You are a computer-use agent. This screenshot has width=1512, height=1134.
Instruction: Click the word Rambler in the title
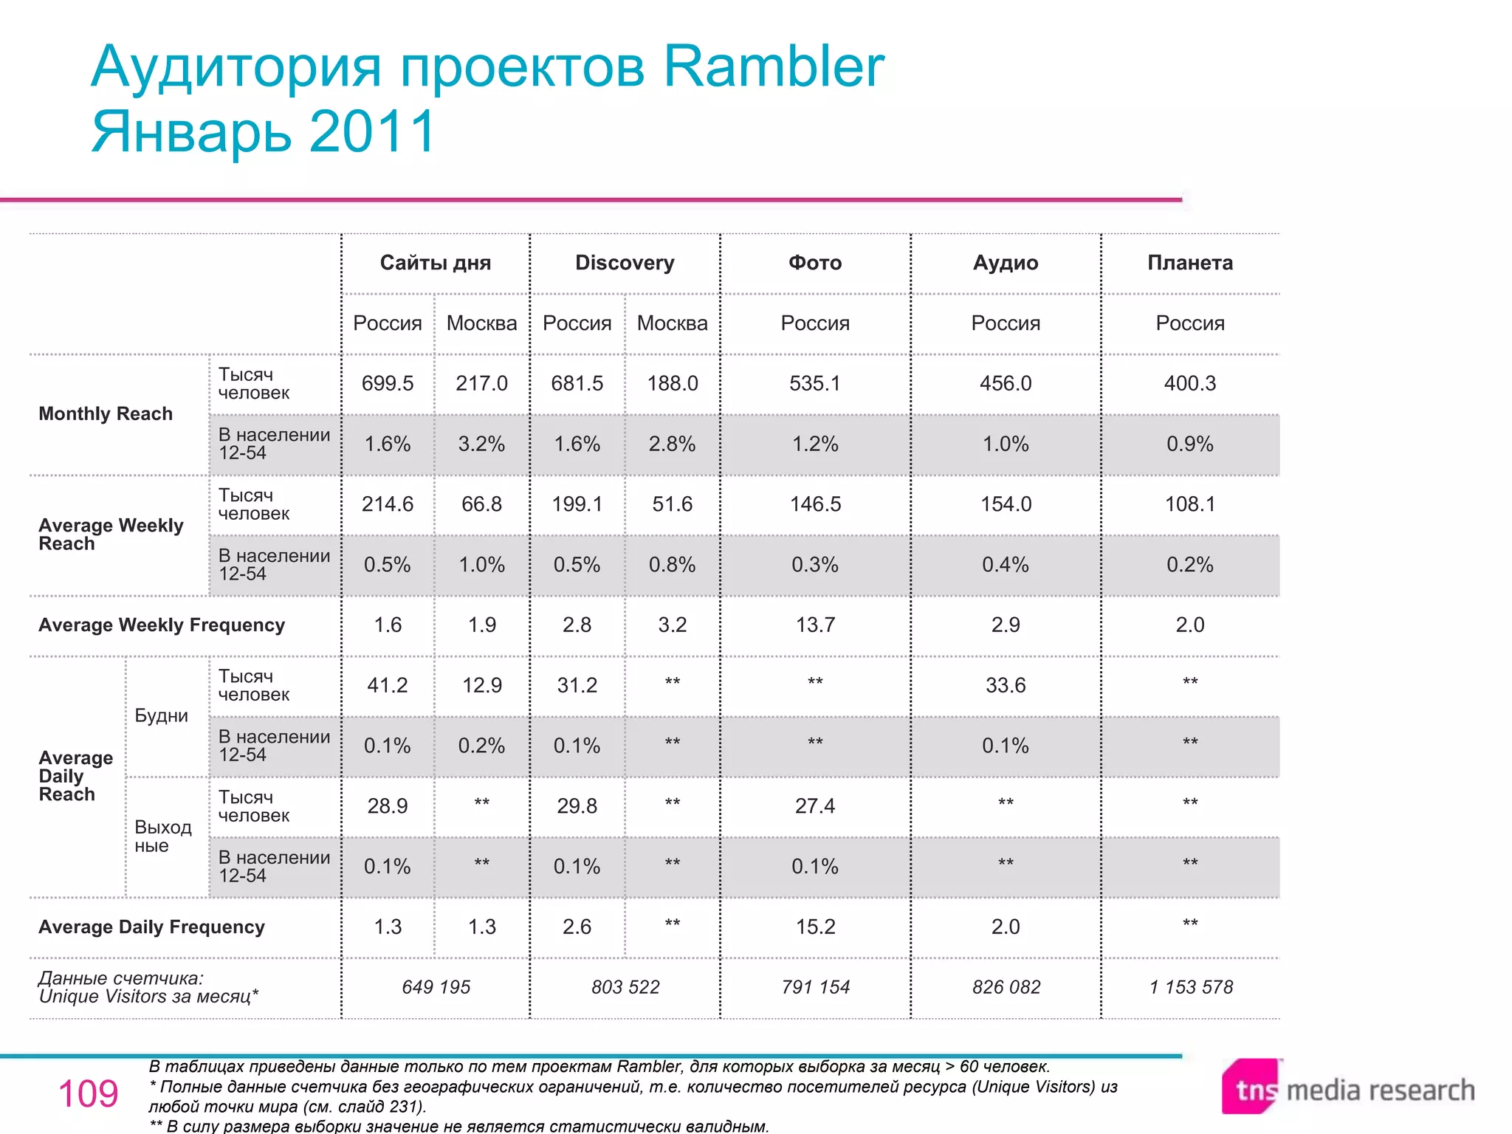[773, 66]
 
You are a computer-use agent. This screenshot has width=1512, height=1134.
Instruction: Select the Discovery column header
[625, 263]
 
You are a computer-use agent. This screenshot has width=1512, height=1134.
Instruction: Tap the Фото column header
[815, 263]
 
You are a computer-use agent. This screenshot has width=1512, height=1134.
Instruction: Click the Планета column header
[1189, 263]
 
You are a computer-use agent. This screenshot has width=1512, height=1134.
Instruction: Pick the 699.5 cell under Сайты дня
[388, 383]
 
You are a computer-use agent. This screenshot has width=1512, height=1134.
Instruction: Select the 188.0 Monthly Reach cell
[672, 383]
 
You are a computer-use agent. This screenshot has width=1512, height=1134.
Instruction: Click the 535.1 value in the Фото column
[815, 383]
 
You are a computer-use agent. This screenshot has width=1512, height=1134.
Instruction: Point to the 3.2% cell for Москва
[481, 444]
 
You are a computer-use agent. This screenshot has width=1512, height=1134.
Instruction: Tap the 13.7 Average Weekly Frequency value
[815, 625]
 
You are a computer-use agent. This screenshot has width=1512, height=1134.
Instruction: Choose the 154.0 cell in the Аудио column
[1006, 504]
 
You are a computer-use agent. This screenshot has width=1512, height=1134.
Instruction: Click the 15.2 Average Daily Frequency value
[815, 927]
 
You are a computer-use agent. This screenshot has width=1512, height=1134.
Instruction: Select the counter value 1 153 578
[1190, 987]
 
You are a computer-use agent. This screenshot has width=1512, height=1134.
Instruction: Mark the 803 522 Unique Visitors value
[625, 987]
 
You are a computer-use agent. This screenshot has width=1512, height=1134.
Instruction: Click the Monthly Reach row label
[106, 413]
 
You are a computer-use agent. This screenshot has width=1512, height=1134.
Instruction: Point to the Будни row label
[161, 715]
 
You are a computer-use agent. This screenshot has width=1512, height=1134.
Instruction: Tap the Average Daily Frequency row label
[151, 927]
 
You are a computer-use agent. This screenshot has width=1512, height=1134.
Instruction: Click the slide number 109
[88, 1093]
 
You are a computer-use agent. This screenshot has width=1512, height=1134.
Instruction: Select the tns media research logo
[1347, 1088]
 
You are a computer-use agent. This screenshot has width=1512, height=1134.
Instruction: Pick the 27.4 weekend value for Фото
[815, 805]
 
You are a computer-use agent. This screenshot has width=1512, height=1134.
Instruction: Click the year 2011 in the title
[373, 131]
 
